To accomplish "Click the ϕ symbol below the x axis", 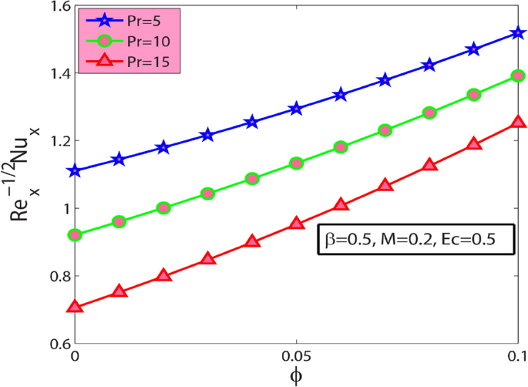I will coord(296,377).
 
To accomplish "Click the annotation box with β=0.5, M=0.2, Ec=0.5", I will coord(415,241).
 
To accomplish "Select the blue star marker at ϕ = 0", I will coord(75,171).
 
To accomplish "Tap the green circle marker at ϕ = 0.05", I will coord(296,163).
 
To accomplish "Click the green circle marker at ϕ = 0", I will coord(75,234).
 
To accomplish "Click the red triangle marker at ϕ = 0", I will coord(75,307).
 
